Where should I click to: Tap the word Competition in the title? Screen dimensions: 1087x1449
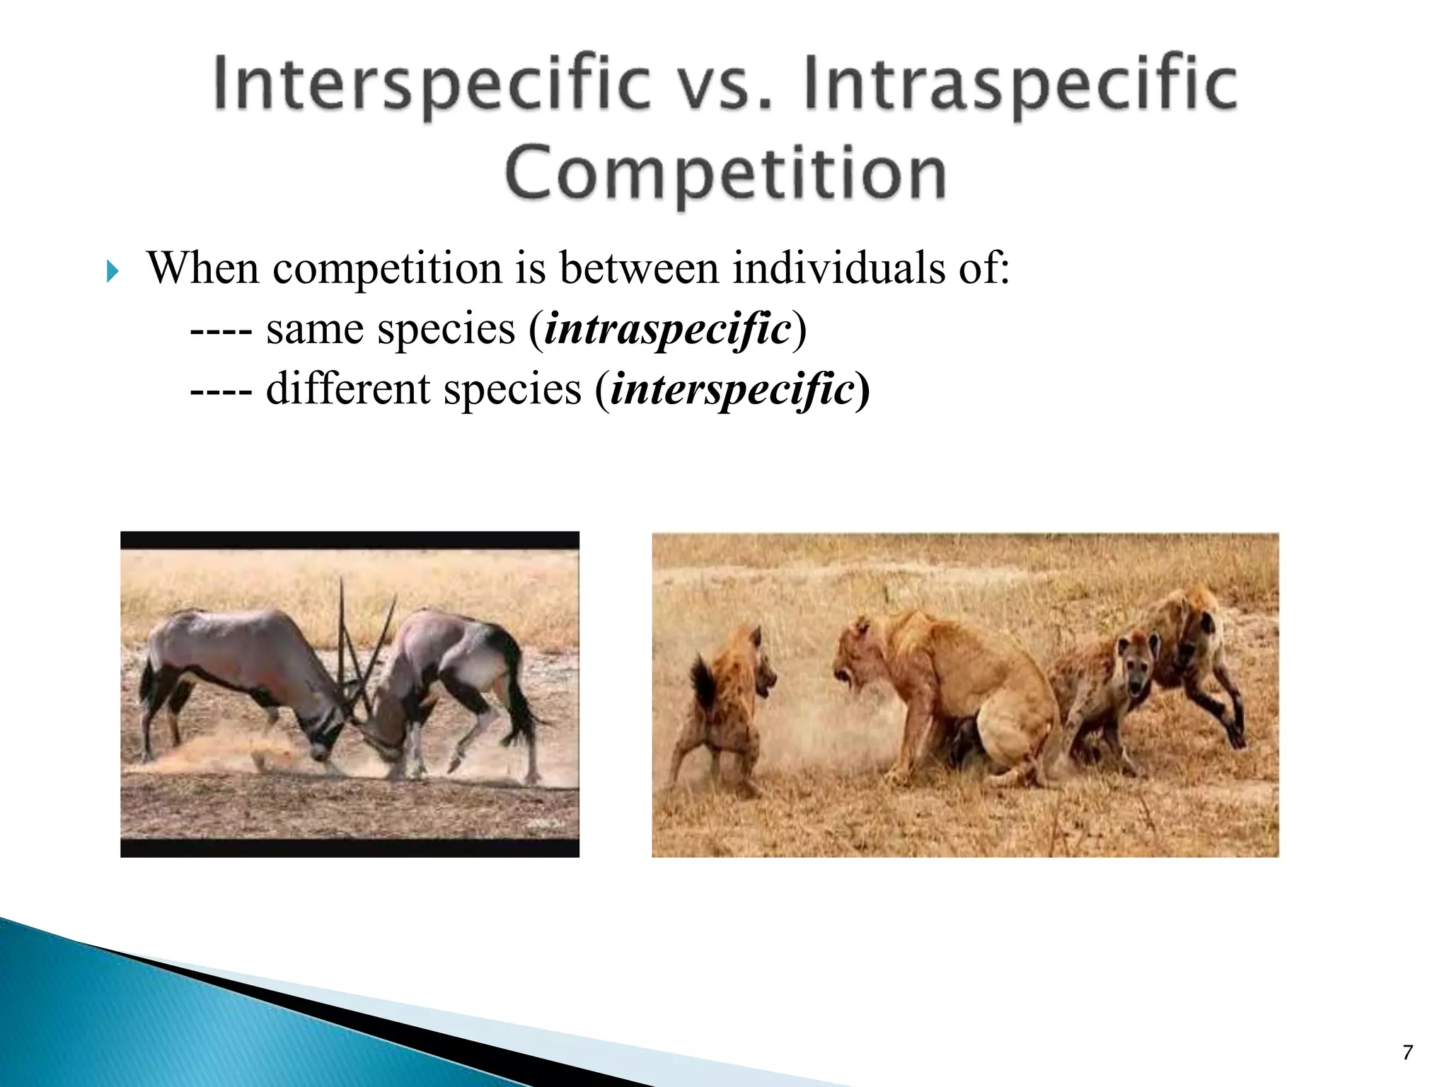click(725, 173)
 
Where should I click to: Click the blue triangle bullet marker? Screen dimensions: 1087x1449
click(112, 271)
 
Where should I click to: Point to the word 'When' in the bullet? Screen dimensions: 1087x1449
click(202, 269)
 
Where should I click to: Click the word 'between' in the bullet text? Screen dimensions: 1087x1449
click(638, 269)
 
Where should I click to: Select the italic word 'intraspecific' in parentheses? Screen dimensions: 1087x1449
click(667, 330)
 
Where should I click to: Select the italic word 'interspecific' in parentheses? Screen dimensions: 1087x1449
click(732, 390)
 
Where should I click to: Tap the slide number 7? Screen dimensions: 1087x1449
click(1407, 1052)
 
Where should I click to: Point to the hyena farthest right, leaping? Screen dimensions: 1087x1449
click(1196, 651)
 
